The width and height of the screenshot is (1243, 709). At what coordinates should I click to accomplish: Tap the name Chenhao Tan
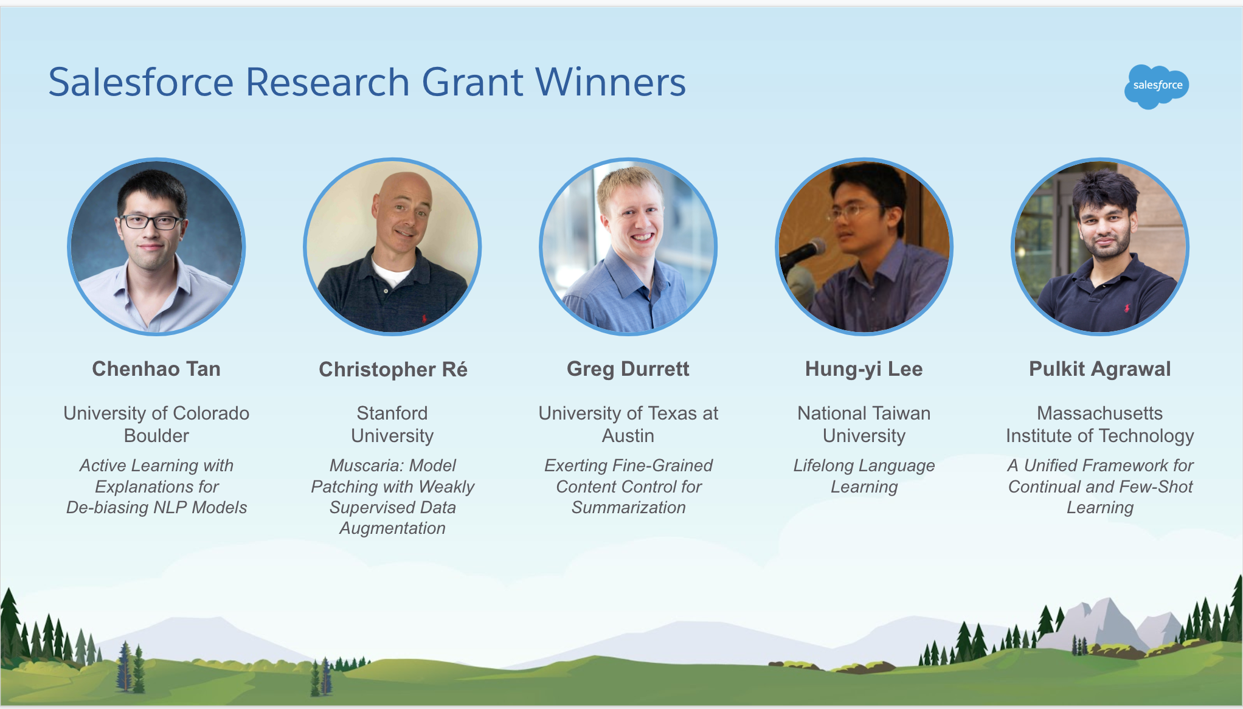156,369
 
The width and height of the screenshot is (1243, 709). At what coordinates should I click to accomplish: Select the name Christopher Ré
393,370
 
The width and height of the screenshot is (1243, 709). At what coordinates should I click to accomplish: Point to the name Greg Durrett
628,369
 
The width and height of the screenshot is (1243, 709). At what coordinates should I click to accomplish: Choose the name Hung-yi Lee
864,369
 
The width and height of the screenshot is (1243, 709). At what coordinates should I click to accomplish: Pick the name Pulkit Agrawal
1099,369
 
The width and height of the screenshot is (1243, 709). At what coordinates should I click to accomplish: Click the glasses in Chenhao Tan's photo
151,222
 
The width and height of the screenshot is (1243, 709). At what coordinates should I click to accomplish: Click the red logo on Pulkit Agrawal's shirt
1126,308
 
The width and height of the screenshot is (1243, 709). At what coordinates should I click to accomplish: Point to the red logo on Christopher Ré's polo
424,319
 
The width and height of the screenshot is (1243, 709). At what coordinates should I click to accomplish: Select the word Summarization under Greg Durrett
628,508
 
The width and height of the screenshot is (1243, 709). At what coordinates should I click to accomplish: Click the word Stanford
392,413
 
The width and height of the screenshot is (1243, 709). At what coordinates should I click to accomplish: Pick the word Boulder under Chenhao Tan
156,436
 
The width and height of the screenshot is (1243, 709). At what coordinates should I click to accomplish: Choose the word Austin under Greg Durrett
628,436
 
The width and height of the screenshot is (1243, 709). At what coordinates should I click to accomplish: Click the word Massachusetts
1099,413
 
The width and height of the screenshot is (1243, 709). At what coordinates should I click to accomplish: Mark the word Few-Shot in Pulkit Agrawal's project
1162,487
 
